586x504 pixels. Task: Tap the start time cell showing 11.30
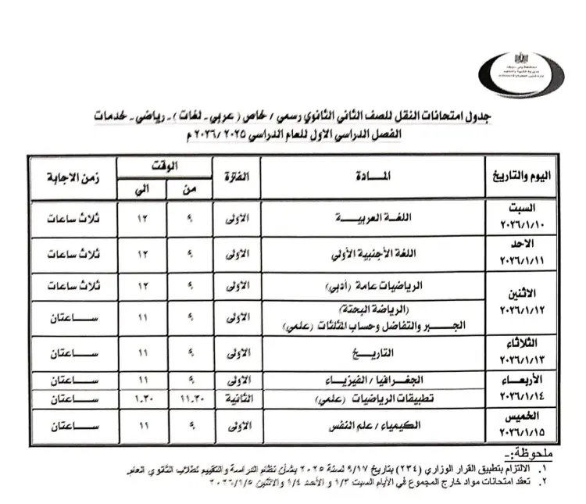click(190, 399)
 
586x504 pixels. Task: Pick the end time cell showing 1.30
click(142, 399)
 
